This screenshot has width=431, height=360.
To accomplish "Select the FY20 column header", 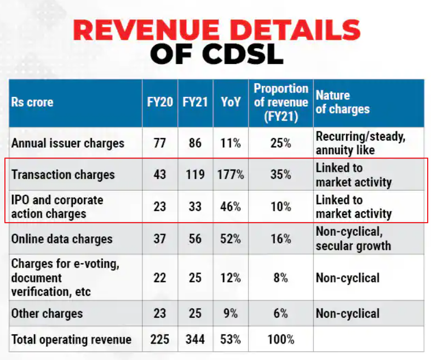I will point(160,102).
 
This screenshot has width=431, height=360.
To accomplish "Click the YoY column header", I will point(231,102).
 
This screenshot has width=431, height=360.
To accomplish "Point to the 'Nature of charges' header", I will point(343,102).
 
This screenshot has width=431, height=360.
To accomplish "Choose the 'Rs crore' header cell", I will point(32,102).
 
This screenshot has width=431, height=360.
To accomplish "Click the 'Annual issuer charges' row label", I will point(68,143).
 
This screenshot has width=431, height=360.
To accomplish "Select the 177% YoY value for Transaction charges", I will point(231,175).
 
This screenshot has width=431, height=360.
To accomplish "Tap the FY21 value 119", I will point(195,175).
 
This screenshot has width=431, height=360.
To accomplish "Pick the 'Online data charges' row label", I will point(62,239).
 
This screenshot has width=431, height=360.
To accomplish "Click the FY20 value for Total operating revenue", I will point(160,339).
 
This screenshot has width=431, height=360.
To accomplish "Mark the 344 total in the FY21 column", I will point(195,339).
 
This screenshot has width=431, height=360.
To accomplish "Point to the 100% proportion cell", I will point(281,339).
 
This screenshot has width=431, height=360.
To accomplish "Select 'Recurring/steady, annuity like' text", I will point(360,143).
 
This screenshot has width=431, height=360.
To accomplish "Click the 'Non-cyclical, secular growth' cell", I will point(353,239).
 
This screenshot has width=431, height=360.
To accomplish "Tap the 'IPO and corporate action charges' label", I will point(58,206).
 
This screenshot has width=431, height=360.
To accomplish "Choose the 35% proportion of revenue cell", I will point(281,175).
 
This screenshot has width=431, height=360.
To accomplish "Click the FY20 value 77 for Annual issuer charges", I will point(160,143).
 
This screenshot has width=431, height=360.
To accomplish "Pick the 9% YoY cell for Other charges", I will point(231,313).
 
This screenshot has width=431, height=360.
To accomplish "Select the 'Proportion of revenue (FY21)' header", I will point(281,102).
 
